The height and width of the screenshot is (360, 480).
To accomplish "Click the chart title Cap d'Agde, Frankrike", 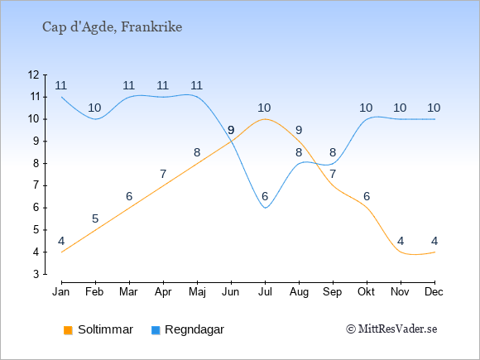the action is [x=112, y=27].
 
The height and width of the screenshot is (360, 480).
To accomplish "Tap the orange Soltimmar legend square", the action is [x=68, y=330].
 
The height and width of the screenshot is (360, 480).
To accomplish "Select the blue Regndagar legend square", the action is [x=156, y=330].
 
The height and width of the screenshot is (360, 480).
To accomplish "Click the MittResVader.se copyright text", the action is [x=391, y=329].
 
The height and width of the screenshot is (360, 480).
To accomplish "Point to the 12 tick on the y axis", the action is [x=34, y=74].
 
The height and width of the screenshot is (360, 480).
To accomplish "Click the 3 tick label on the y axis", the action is [x=36, y=274].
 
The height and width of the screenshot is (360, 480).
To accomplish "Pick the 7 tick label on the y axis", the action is [x=36, y=185].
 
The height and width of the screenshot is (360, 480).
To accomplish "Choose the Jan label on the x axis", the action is [x=61, y=292].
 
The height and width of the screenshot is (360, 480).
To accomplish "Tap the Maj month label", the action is [x=197, y=292].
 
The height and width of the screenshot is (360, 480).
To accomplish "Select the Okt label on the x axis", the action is [x=367, y=292].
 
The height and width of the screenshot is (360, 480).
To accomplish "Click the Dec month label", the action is [x=434, y=292].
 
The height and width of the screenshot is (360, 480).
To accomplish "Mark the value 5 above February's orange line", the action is [x=95, y=218].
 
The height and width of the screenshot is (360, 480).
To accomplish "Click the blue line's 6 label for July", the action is [x=265, y=196].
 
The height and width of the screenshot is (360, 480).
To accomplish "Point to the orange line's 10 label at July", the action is [x=264, y=108].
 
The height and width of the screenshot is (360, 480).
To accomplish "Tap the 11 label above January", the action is [x=61, y=86].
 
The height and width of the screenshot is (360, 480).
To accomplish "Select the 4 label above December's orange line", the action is [x=434, y=241].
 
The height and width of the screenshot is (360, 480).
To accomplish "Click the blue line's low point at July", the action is [x=265, y=208].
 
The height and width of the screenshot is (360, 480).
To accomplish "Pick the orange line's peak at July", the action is [x=265, y=119].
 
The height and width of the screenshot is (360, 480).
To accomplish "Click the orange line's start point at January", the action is [x=62, y=252].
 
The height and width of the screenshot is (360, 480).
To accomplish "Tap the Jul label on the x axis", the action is [x=265, y=292].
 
